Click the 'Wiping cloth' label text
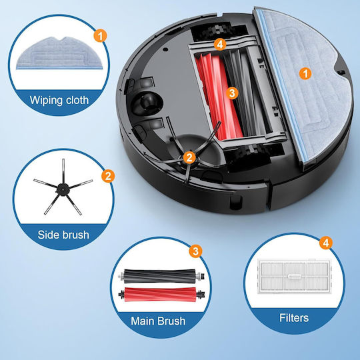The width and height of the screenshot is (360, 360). [59, 100]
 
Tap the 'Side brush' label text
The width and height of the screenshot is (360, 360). [63, 235]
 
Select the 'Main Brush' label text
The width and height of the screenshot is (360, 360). [158, 321]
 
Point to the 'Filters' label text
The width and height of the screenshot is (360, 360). [294, 318]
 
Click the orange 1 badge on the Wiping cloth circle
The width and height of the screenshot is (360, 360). [100, 36]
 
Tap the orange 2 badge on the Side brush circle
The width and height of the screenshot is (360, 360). [108, 176]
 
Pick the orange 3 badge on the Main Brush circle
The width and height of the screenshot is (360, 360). [195, 251]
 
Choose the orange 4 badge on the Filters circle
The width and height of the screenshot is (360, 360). [326, 243]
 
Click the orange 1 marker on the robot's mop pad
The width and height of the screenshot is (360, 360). [305, 74]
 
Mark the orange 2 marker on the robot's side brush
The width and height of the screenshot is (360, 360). [189, 158]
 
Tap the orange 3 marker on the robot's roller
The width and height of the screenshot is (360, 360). [232, 93]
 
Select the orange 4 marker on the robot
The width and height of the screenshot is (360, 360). [220, 44]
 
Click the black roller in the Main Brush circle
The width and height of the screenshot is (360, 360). [161, 276]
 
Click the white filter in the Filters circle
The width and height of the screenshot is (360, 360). [295, 277]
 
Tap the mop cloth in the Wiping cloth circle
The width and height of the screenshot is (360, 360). [59, 54]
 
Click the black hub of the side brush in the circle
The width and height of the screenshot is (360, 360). [63, 189]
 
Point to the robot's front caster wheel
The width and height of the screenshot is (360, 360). [147, 103]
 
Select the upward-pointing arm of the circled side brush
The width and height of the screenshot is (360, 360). [63, 171]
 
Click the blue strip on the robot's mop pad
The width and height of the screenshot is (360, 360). [282, 85]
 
